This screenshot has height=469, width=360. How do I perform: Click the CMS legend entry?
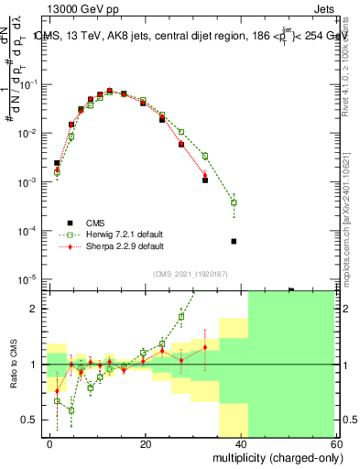point(95,223)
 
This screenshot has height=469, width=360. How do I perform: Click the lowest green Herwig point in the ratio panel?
point(71,409)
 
